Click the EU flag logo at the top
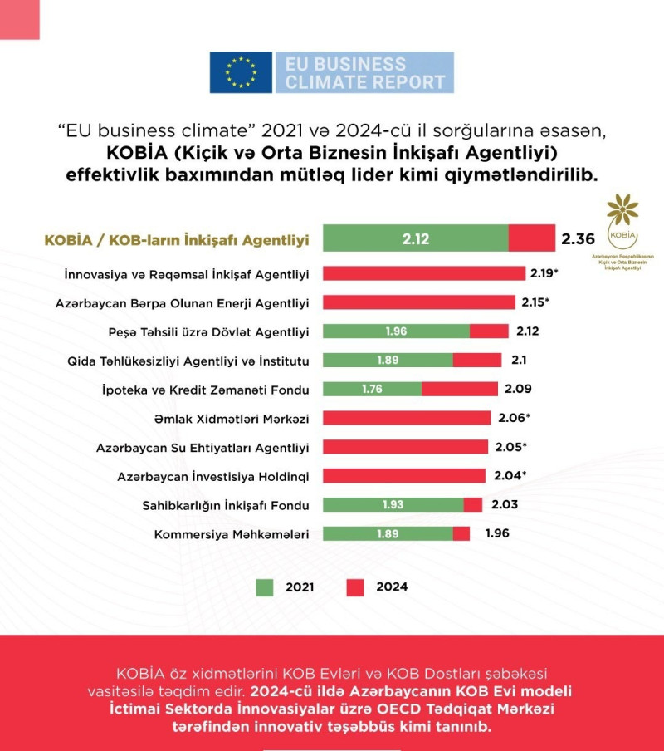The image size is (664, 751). pyautogui.click(x=241, y=72)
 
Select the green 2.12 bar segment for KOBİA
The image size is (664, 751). pyautogui.click(x=415, y=238)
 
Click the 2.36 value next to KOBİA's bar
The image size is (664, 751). pyautogui.click(x=578, y=239)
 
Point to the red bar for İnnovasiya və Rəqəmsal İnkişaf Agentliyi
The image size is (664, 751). pyautogui.click(x=423, y=273)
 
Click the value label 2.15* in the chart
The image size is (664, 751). pyautogui.click(x=536, y=302)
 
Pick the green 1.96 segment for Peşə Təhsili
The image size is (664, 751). pyautogui.click(x=396, y=331)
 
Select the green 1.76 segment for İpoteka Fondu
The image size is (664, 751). pyautogui.click(x=372, y=389)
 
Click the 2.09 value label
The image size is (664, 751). pyautogui.click(x=517, y=389)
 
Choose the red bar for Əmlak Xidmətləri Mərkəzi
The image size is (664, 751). pyautogui.click(x=407, y=418)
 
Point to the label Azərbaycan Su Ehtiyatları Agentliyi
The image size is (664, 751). pyautogui.click(x=203, y=448)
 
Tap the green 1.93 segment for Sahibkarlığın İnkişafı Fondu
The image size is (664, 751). pyautogui.click(x=393, y=504)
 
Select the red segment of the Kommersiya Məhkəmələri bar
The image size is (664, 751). pyautogui.click(x=461, y=533)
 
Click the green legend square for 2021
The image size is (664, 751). pyautogui.click(x=264, y=587)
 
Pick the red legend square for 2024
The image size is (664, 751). pyautogui.click(x=354, y=587)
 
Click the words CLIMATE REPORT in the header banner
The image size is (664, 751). pyautogui.click(x=365, y=82)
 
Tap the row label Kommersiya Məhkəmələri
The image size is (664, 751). pyautogui.click(x=232, y=534)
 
